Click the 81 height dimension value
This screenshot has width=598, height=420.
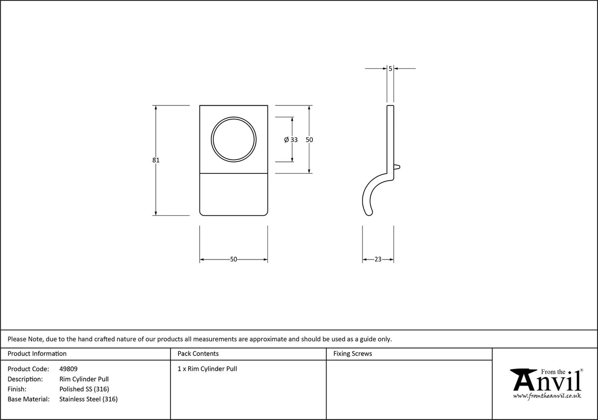click(x=156, y=160)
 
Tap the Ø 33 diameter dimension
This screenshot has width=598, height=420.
click(x=291, y=140)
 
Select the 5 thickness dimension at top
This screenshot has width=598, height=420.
click(x=390, y=69)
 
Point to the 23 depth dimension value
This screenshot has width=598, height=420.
click(x=378, y=259)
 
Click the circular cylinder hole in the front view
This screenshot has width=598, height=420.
click(x=234, y=139)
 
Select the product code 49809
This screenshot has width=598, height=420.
click(x=68, y=369)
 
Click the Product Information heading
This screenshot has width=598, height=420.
click(x=37, y=354)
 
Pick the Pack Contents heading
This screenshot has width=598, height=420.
click(x=198, y=354)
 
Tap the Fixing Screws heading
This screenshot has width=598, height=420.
click(x=353, y=354)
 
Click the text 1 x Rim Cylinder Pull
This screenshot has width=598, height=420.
click(x=207, y=369)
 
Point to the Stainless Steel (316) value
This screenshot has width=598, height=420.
click(x=88, y=399)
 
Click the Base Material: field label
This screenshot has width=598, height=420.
click(x=29, y=399)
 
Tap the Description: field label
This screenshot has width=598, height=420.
click(x=25, y=379)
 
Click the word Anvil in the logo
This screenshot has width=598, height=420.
click(x=546, y=382)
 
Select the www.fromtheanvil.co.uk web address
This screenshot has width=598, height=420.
click(x=547, y=395)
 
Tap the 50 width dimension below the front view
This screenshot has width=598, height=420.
click(x=233, y=259)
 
